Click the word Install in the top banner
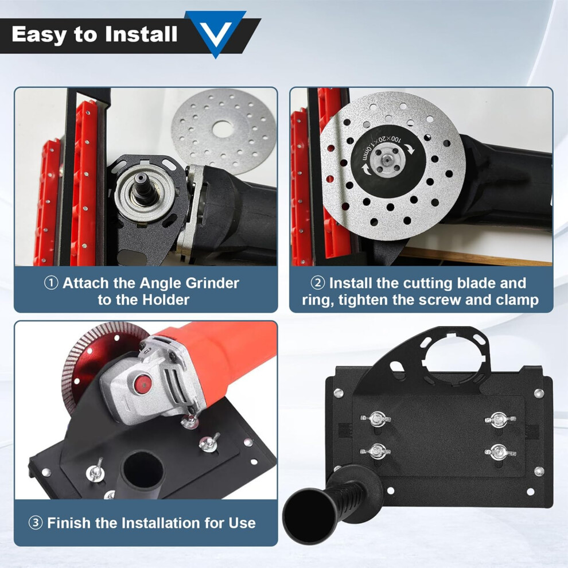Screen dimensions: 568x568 (141, 34)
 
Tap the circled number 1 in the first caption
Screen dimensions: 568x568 (51, 283)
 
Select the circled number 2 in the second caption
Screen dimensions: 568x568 (318, 283)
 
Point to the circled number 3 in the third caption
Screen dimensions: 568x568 (36, 523)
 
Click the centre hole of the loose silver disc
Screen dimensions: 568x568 (223, 129)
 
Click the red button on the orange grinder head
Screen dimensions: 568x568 (142, 384)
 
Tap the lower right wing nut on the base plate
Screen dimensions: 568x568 (500, 452)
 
